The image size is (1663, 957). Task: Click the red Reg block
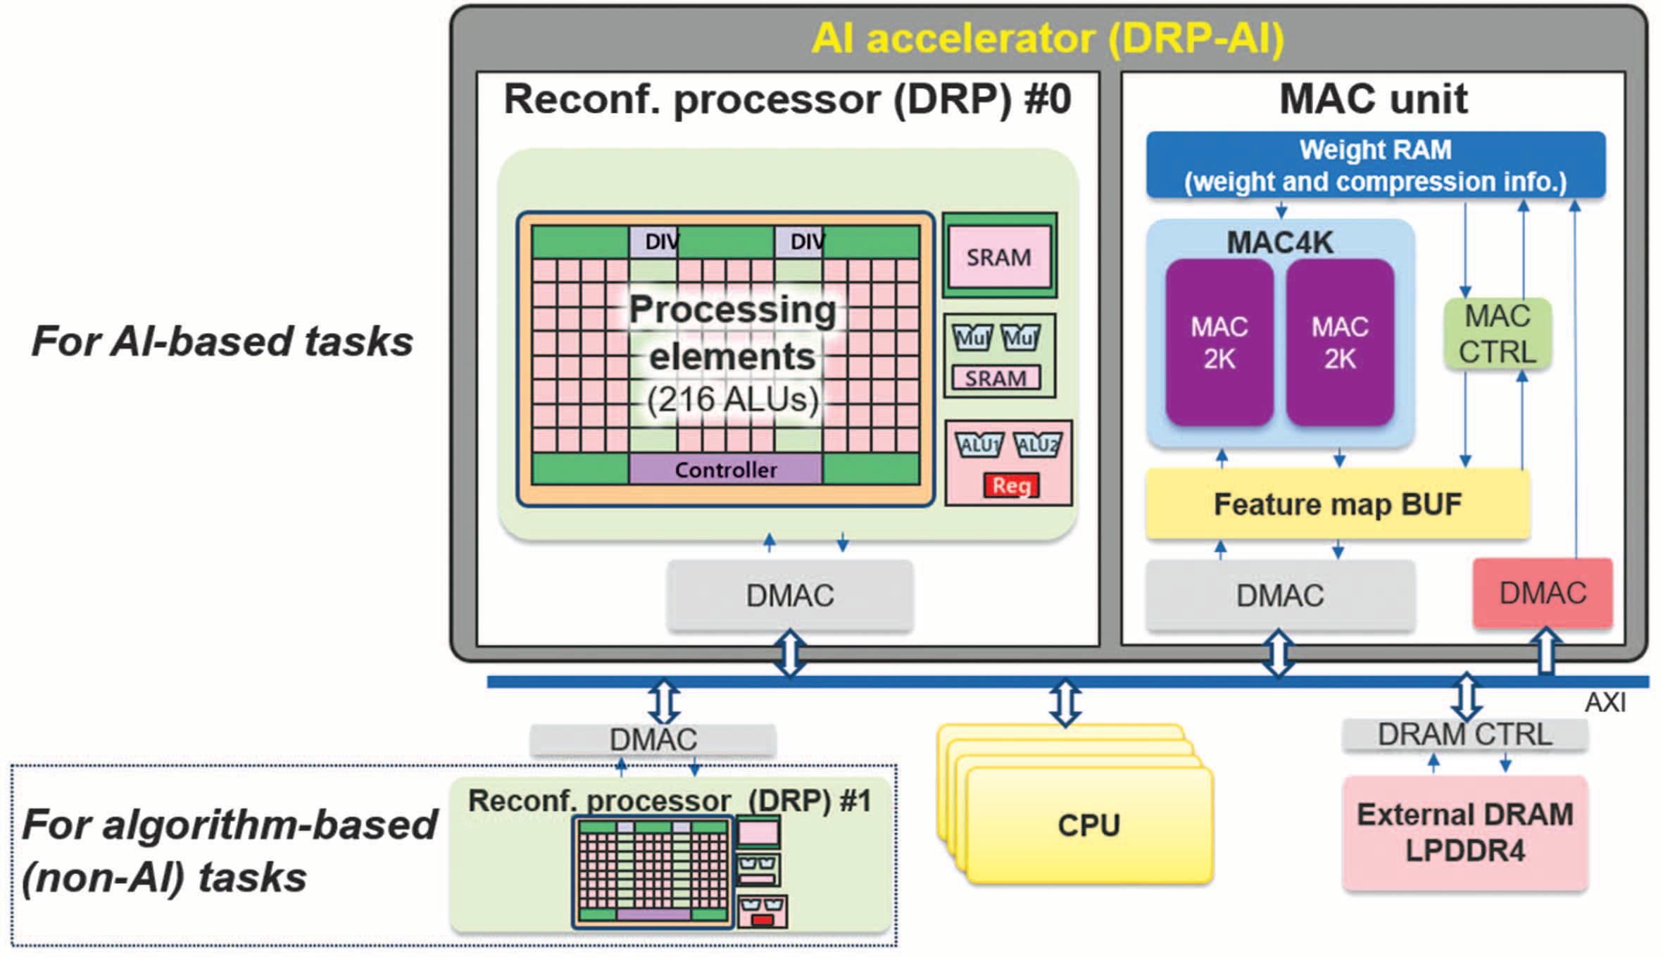coord(1011,486)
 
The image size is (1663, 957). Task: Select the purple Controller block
coord(725,470)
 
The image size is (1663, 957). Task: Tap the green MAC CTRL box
coord(1498,334)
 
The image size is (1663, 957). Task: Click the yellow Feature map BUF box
coord(1337,504)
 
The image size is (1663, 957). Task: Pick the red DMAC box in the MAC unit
coord(1543,593)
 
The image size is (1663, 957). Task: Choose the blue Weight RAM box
coord(1375,165)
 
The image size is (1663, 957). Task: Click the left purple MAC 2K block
coord(1219,343)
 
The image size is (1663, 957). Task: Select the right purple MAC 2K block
coord(1340,343)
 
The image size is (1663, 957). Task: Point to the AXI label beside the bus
coord(1605,703)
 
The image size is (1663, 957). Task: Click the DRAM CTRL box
coord(1464,734)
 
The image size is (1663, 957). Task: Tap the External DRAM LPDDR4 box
coord(1465,833)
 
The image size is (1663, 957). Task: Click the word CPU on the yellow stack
coord(1088,825)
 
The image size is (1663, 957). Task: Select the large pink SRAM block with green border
coord(999,257)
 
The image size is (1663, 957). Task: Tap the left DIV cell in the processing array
coord(655,242)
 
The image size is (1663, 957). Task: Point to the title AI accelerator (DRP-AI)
coord(1048,38)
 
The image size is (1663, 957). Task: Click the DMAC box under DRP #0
coord(790,596)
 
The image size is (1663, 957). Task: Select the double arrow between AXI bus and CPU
coord(1065,703)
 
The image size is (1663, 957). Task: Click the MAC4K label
coord(1279,242)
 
